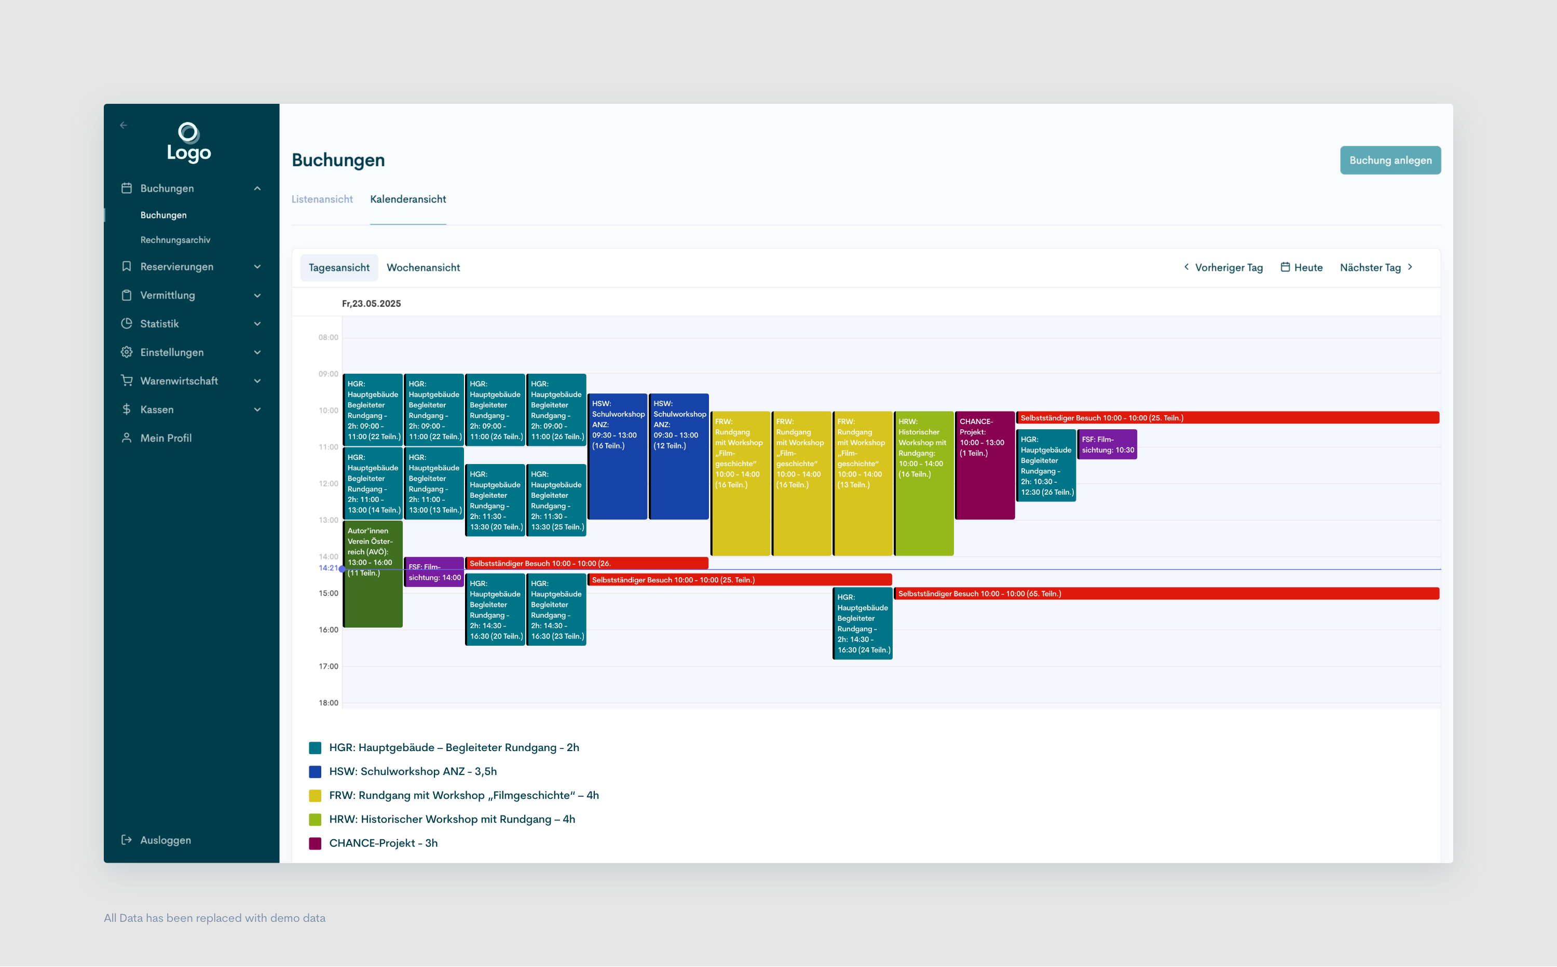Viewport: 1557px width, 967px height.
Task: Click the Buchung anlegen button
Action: (1389, 160)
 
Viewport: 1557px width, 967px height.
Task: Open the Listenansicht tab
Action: (322, 199)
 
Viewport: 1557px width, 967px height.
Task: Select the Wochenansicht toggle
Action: (422, 267)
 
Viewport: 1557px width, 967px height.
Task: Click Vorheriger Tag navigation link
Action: (1223, 267)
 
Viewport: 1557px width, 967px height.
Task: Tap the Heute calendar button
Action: (1301, 267)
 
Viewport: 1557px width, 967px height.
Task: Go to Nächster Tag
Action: (1375, 267)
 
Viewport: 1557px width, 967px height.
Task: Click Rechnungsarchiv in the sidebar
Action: (175, 240)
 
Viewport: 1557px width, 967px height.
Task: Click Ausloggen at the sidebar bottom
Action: (165, 840)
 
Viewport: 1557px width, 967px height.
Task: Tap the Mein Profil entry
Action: (166, 438)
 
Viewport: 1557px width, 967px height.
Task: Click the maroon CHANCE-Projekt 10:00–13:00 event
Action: (984, 465)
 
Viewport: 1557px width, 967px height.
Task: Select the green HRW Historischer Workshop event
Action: (923, 483)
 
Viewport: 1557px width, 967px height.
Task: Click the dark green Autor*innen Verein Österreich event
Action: (372, 574)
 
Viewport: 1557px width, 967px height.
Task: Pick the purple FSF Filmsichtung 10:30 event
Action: (1107, 444)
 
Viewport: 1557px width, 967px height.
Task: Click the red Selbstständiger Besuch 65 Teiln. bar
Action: (1166, 593)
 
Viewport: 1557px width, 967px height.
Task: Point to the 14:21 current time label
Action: (327, 568)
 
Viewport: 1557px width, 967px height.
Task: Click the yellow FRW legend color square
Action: (315, 796)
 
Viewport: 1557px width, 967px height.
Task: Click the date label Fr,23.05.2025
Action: (371, 303)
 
